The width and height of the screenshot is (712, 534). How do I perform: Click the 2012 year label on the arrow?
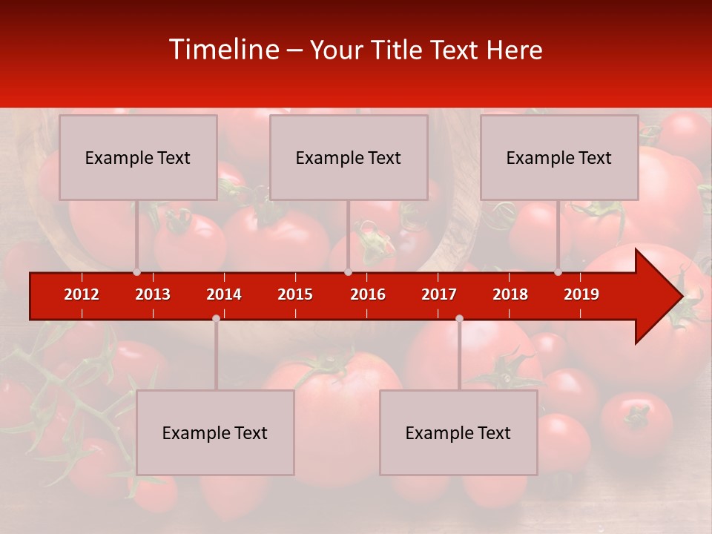coord(82,294)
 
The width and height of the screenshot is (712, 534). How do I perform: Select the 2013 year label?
coord(153,294)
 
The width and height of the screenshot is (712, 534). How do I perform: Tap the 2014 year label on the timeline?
coord(224,294)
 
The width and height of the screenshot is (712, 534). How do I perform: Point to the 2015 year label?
coord(295,294)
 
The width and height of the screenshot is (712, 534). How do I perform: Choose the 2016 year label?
coord(368,294)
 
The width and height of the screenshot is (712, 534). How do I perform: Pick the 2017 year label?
coord(439,294)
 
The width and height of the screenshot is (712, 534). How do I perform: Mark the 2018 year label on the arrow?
coord(510,294)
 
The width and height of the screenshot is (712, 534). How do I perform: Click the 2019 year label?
coord(581,294)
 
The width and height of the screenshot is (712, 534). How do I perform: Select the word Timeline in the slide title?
coord(223,50)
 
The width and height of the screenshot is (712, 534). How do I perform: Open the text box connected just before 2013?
coord(138,157)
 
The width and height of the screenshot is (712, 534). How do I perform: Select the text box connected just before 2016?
coord(349,157)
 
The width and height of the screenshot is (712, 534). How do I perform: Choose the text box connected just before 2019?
coord(559,157)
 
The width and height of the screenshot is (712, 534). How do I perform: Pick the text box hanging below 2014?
coord(215,432)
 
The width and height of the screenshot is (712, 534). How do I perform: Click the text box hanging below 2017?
coord(458,432)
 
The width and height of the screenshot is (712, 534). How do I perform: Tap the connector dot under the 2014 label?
coord(216,318)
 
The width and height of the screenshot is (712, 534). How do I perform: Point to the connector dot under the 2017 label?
coord(459,318)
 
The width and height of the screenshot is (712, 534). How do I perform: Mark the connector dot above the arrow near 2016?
coord(348,272)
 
